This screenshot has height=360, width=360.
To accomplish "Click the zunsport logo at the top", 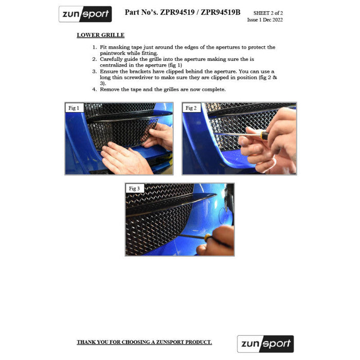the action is [85, 14].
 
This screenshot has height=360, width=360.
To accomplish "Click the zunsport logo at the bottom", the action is [265, 344].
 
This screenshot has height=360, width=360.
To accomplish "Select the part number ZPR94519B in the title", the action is [221, 12].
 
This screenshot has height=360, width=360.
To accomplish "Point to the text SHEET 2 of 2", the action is [268, 13].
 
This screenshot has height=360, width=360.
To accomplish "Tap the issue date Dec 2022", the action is [273, 20].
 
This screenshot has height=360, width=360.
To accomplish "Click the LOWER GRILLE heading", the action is [101, 35].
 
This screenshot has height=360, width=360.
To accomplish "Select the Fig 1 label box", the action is [74, 108].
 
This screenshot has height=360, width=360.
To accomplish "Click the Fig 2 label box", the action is [191, 108].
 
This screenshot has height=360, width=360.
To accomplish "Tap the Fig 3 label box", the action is [134, 189].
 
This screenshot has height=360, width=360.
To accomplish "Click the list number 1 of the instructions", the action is [95, 47].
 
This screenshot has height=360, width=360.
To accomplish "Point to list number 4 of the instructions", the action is [95, 89].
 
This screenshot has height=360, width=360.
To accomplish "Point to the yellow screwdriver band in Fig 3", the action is [208, 237].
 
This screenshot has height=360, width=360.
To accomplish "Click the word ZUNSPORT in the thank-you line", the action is [170, 342].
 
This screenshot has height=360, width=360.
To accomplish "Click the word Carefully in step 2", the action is [112, 60].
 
